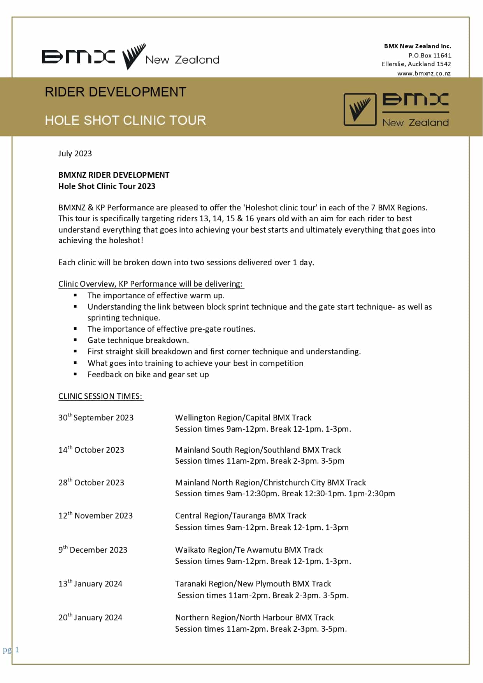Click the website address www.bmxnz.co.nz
[x=424, y=74]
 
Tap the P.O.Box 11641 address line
[x=430, y=55]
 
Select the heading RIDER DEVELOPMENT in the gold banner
[x=116, y=92]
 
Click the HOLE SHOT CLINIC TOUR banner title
[x=125, y=121]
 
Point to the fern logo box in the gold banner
[x=360, y=109]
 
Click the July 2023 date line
[x=75, y=154]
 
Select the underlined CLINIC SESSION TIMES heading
[x=100, y=396]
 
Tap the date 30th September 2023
[x=96, y=418]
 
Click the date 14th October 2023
[x=91, y=450]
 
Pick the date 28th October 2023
[x=91, y=483]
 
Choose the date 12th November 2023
[x=95, y=516]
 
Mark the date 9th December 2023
[x=93, y=550]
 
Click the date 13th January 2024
[x=90, y=584]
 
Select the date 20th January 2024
[x=90, y=618]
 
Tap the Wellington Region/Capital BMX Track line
[x=243, y=418]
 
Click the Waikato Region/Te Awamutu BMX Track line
[x=249, y=550]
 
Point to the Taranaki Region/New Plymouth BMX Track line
[x=253, y=584]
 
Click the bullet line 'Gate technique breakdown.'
[x=138, y=340]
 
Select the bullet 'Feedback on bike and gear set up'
[x=148, y=375]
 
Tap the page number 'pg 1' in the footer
[x=11, y=650]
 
